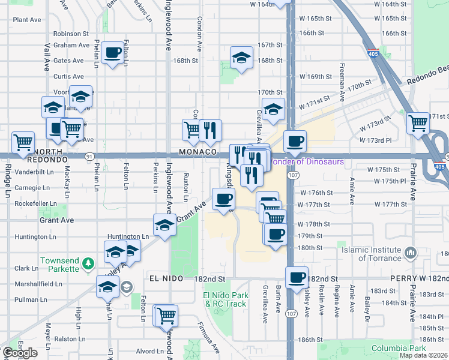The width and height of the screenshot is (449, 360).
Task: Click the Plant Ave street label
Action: pyautogui.click(x=27, y=20)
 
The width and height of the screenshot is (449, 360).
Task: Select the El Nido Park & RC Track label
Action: pyautogui.click(x=225, y=299)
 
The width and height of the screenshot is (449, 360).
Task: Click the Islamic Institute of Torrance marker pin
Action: pyautogui.click(x=411, y=252)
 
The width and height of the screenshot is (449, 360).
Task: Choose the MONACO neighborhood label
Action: pyautogui.click(x=197, y=152)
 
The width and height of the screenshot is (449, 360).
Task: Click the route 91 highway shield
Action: pyautogui.click(x=88, y=156)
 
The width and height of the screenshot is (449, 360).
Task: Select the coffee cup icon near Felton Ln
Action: pyautogui.click(x=112, y=53)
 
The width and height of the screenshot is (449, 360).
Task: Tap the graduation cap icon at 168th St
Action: pyautogui.click(x=241, y=58)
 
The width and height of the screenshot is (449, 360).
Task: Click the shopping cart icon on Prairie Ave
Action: pyautogui.click(x=418, y=122)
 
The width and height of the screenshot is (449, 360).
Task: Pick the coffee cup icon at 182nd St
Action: pyautogui.click(x=297, y=277)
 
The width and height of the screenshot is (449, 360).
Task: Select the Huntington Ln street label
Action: pyautogui.click(x=128, y=236)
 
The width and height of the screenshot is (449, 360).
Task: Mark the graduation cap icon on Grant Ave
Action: pyautogui.click(x=164, y=225)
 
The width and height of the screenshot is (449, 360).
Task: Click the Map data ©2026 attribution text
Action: pyautogui.click(x=423, y=355)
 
